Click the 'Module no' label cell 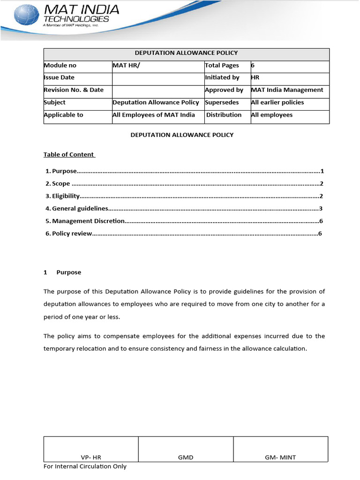pos(60,66)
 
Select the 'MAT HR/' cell pos(127,66)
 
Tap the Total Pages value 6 pos(253,66)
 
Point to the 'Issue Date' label pos(59,78)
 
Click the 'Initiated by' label pos(222,78)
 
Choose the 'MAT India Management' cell pos(287,90)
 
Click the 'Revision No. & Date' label pos(74,90)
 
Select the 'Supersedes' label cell pos(222,102)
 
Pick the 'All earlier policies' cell pos(277,102)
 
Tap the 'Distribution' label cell pos(224,115)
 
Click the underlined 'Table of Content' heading pos(69,155)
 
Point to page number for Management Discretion pos(320,221)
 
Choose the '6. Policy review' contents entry pos(68,233)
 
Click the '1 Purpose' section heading pos(68,272)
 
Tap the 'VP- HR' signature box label pos(90,457)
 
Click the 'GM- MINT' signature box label pos(280,457)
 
